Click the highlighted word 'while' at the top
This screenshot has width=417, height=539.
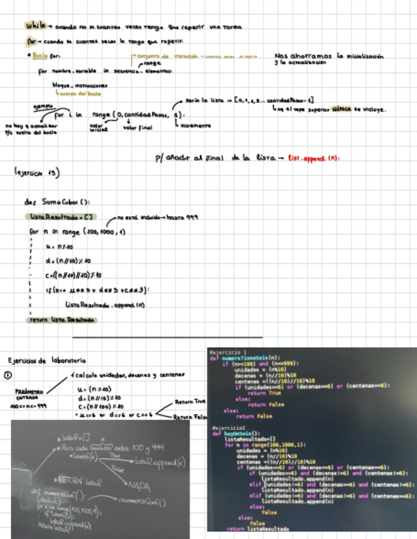tap(35, 26)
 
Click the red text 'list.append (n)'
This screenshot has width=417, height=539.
tap(312, 157)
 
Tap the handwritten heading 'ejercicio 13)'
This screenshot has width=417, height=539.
tap(36, 172)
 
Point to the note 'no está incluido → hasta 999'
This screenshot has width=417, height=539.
tap(160, 217)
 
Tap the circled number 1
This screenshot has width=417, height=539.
tap(9, 375)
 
